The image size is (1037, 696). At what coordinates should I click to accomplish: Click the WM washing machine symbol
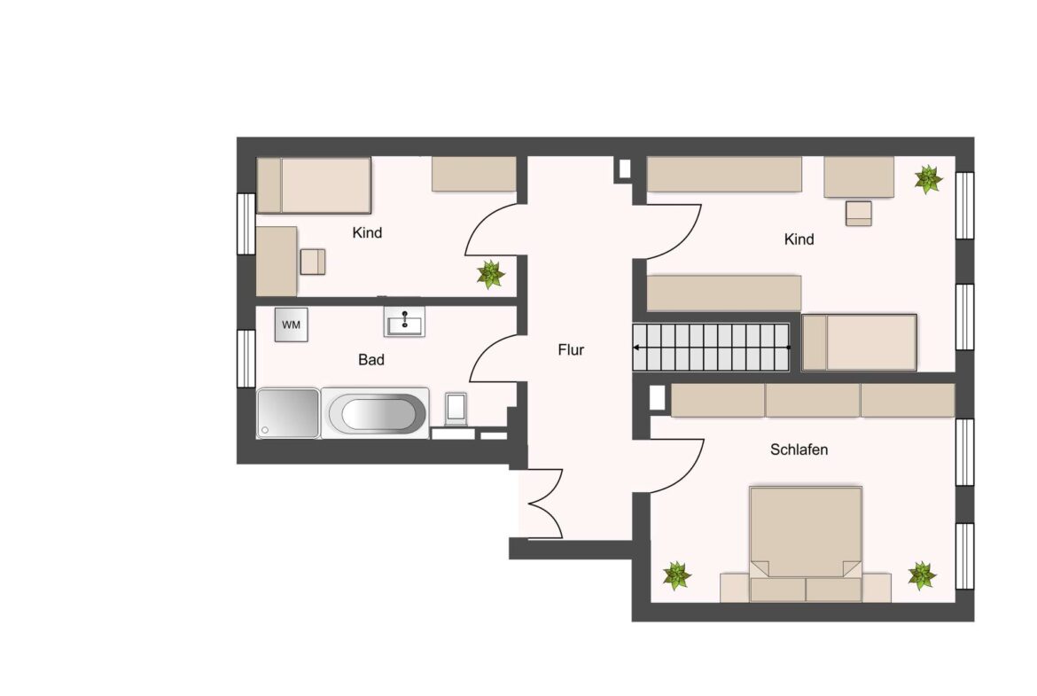point(291,325)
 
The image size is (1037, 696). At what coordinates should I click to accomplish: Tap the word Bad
point(371,360)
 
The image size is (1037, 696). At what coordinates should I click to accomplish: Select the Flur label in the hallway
point(571,350)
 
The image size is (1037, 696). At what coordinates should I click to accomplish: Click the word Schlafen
point(799,450)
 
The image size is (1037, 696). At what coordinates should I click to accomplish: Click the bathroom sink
point(404,322)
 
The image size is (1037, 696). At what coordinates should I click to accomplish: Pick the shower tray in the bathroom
point(288,413)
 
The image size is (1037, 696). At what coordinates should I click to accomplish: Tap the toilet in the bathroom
point(456,408)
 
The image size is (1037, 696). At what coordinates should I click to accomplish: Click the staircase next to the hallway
point(711,348)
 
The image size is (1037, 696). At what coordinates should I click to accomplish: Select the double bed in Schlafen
point(806,544)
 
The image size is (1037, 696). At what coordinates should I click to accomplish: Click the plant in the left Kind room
point(491,274)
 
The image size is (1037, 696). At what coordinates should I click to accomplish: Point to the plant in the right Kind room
point(929,179)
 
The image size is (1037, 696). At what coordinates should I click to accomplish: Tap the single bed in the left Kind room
point(314,185)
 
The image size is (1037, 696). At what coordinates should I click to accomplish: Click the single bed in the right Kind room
point(859,342)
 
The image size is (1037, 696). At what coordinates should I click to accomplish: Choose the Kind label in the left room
point(367,233)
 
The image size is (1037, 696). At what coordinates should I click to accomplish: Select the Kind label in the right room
point(799,239)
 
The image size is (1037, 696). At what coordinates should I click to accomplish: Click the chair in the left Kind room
point(313,262)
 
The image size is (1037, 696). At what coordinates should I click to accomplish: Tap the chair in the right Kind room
point(859,214)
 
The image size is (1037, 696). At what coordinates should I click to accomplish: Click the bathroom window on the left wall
point(246,358)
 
